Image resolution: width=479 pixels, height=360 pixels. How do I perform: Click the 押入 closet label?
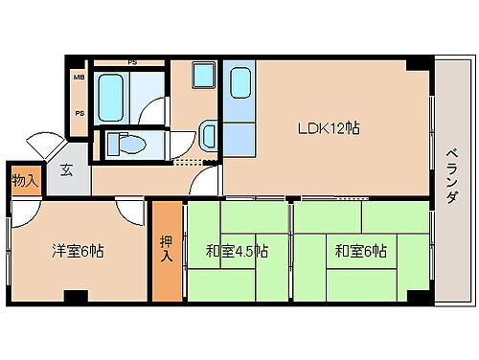[166, 251]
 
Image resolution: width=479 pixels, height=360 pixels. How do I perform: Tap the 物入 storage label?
[25, 179]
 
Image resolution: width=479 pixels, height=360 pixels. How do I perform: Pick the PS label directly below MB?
[80, 112]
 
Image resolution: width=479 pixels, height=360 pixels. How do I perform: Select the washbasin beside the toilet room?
[208, 132]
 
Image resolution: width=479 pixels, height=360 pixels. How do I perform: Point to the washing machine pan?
[203, 76]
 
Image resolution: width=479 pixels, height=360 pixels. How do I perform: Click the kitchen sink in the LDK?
[239, 81]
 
